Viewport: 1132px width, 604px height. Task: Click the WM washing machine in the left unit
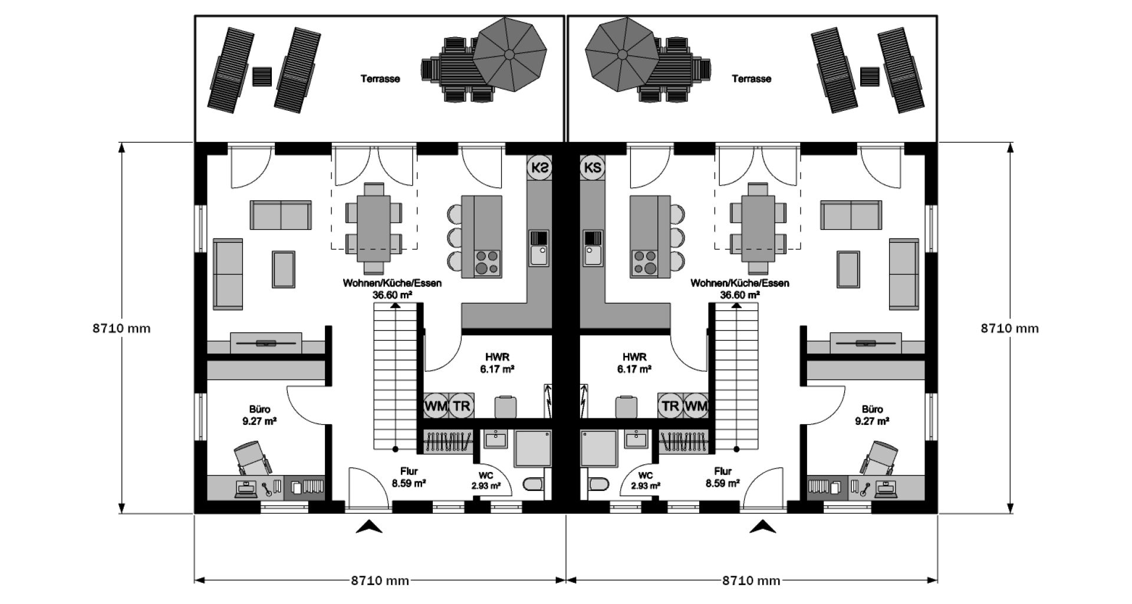[436, 405]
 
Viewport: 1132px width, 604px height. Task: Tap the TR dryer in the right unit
[670, 405]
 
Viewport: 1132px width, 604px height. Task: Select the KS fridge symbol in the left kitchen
[539, 167]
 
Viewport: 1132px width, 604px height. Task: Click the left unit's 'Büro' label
[259, 409]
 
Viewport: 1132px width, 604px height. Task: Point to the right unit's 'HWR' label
[634, 357]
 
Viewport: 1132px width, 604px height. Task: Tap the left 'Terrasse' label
[380, 78]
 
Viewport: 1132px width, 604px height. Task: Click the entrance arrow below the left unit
[369, 527]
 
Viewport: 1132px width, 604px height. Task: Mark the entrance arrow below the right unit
[763, 527]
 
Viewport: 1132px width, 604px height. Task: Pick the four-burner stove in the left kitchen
[488, 263]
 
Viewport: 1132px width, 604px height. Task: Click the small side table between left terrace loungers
[262, 77]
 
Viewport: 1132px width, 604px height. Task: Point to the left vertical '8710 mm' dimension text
[121, 328]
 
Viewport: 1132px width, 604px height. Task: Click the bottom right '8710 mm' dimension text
[751, 581]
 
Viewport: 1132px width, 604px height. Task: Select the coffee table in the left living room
[284, 269]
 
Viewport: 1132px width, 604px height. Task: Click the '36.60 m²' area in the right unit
[740, 294]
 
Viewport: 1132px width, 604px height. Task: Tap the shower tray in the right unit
[599, 448]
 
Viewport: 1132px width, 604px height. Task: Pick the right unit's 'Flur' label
[723, 471]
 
